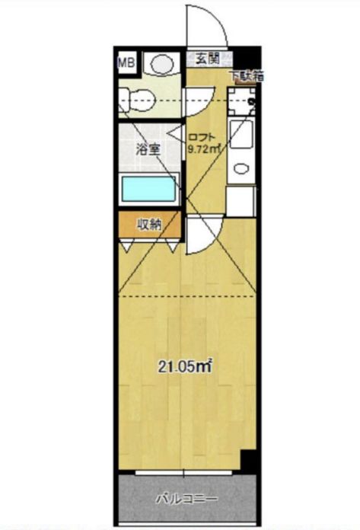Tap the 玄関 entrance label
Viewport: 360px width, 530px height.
point(203,58)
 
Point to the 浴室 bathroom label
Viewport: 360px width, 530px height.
point(148,148)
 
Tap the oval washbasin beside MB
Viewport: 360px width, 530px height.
point(162,65)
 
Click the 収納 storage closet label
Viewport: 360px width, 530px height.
point(149,224)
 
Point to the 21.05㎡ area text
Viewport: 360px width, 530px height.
point(183,367)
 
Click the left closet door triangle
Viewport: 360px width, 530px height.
point(126,245)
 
